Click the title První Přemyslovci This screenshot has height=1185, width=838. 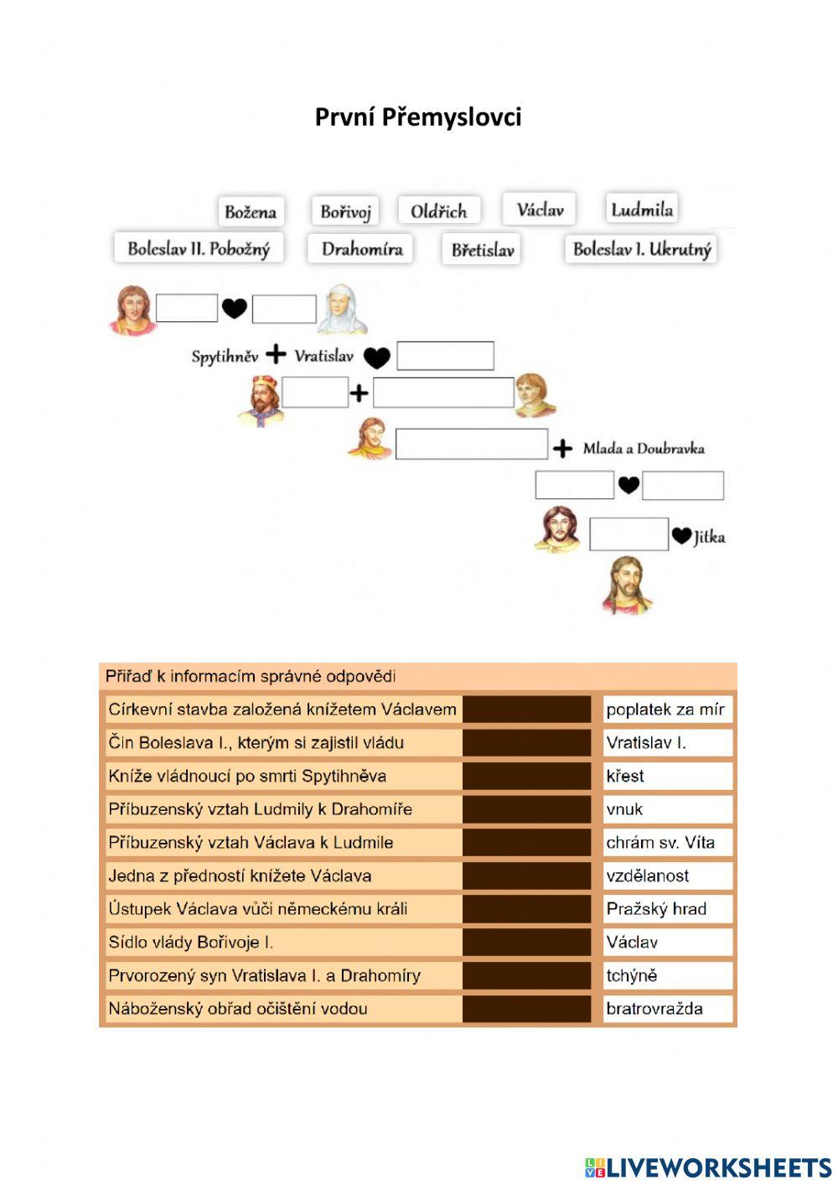tap(418, 117)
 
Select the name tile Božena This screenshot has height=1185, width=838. tap(251, 211)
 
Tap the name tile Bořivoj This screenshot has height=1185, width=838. tap(345, 211)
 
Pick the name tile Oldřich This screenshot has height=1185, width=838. tap(438, 210)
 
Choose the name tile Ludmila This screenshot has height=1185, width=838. tap(642, 209)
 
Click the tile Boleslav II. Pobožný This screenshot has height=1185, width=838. tap(199, 248)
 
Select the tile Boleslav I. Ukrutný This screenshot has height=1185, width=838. tap(642, 249)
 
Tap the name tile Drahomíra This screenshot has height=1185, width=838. tap(362, 249)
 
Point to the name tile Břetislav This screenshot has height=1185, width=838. tap(482, 249)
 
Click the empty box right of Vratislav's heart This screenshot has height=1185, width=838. tap(445, 356)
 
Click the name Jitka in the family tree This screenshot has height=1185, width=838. tap(709, 537)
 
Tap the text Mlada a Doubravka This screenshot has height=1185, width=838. tap(644, 448)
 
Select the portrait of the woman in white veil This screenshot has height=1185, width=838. tap(342, 309)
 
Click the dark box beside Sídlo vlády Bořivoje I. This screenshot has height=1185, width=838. tap(526, 943)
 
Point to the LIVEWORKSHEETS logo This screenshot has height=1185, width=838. tap(708, 1167)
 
